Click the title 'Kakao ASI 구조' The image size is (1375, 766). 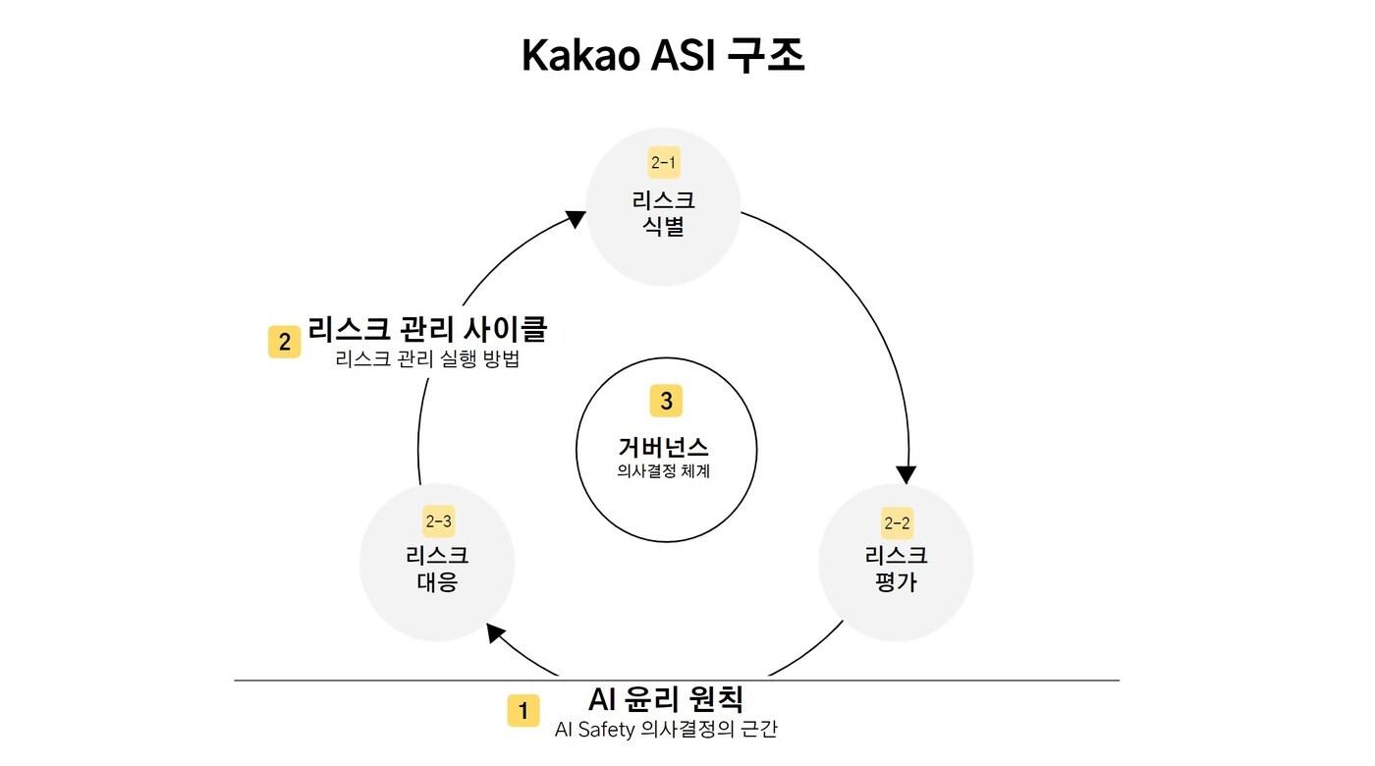coord(663,57)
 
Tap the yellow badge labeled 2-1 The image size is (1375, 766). coord(664,162)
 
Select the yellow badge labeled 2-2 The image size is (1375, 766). coord(896,522)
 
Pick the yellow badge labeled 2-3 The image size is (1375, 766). coord(438,521)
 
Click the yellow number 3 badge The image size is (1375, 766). coord(666,401)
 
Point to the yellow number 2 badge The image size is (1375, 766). coord(285,342)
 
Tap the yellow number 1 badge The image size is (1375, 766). coord(522,710)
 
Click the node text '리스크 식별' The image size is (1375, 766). coord(664,214)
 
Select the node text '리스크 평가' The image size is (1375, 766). coord(896,569)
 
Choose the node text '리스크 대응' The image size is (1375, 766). coord(437,569)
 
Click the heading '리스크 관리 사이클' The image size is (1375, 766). coord(427,329)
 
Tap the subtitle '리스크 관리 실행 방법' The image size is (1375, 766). coord(427,359)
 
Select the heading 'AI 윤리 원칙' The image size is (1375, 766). coord(666,699)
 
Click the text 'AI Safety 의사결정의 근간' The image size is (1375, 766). coord(666,730)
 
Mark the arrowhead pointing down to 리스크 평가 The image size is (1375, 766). coord(908,471)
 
